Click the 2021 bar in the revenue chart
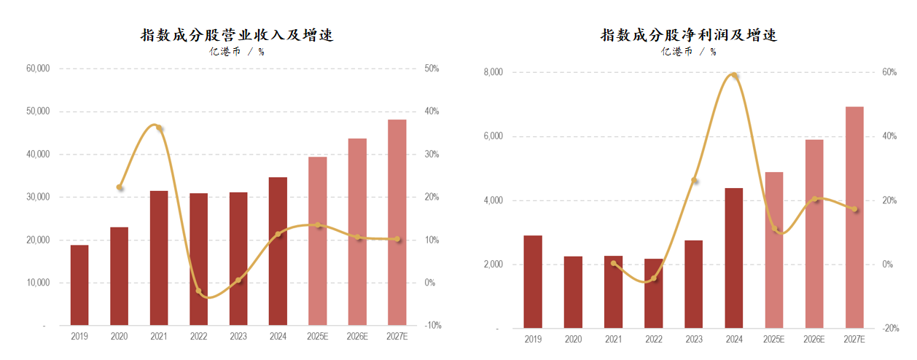point(159,258)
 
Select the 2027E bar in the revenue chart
point(397,222)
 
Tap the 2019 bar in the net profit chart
point(533,282)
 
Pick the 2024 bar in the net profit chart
point(734,258)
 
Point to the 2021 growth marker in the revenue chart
point(159,128)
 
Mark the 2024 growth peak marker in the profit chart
point(735,77)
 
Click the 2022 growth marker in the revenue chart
point(198,291)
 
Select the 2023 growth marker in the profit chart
point(694,180)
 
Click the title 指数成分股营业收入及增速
point(237,35)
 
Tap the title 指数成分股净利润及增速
point(688,35)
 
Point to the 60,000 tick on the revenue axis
point(37,69)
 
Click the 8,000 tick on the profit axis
point(493,72)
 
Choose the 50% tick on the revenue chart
point(432,69)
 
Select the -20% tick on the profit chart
point(891,329)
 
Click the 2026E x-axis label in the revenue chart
point(357,337)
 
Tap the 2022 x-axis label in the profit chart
point(654,340)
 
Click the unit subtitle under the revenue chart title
point(237,52)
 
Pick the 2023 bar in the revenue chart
point(238,259)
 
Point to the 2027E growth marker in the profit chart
point(854,209)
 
